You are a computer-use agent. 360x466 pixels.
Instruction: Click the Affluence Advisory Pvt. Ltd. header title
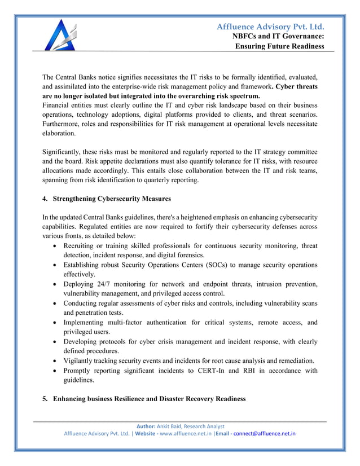(271, 26)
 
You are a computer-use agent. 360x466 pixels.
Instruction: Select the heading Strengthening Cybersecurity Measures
(111, 199)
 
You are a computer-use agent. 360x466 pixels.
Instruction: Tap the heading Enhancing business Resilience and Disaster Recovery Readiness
(150, 399)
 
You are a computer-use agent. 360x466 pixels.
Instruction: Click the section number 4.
(45, 199)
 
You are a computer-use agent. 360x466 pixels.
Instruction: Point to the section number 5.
(45, 399)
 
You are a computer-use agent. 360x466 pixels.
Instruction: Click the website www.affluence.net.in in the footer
(183, 434)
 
